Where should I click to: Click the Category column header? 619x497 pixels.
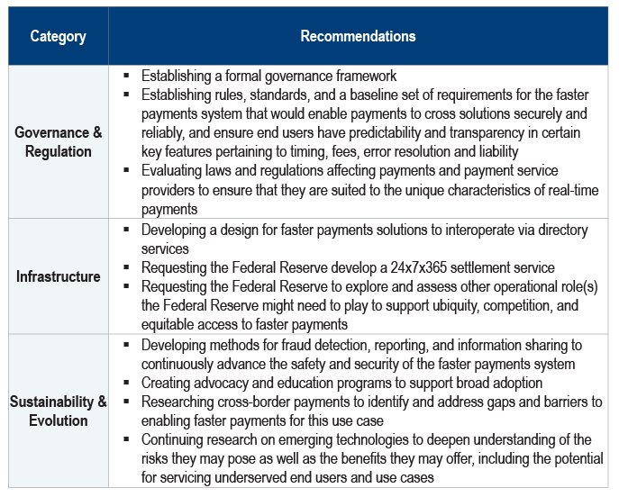[59, 37]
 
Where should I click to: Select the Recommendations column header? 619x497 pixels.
[358, 37]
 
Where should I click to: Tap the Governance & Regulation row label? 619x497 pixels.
[59, 142]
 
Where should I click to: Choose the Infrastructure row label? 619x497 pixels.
[59, 276]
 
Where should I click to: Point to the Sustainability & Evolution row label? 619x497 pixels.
[59, 411]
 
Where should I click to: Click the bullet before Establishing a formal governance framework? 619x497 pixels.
[127, 76]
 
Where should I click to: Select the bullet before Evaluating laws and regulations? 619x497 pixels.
[127, 170]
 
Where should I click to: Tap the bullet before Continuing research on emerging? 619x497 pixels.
[127, 440]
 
